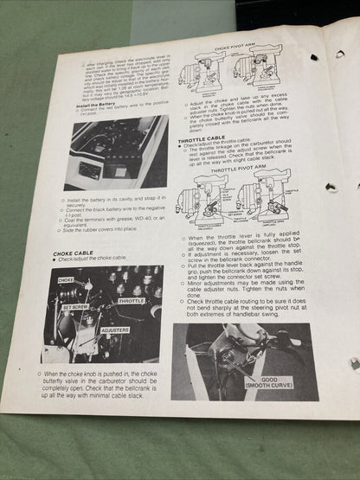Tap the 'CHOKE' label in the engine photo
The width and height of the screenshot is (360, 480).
point(66,281)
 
